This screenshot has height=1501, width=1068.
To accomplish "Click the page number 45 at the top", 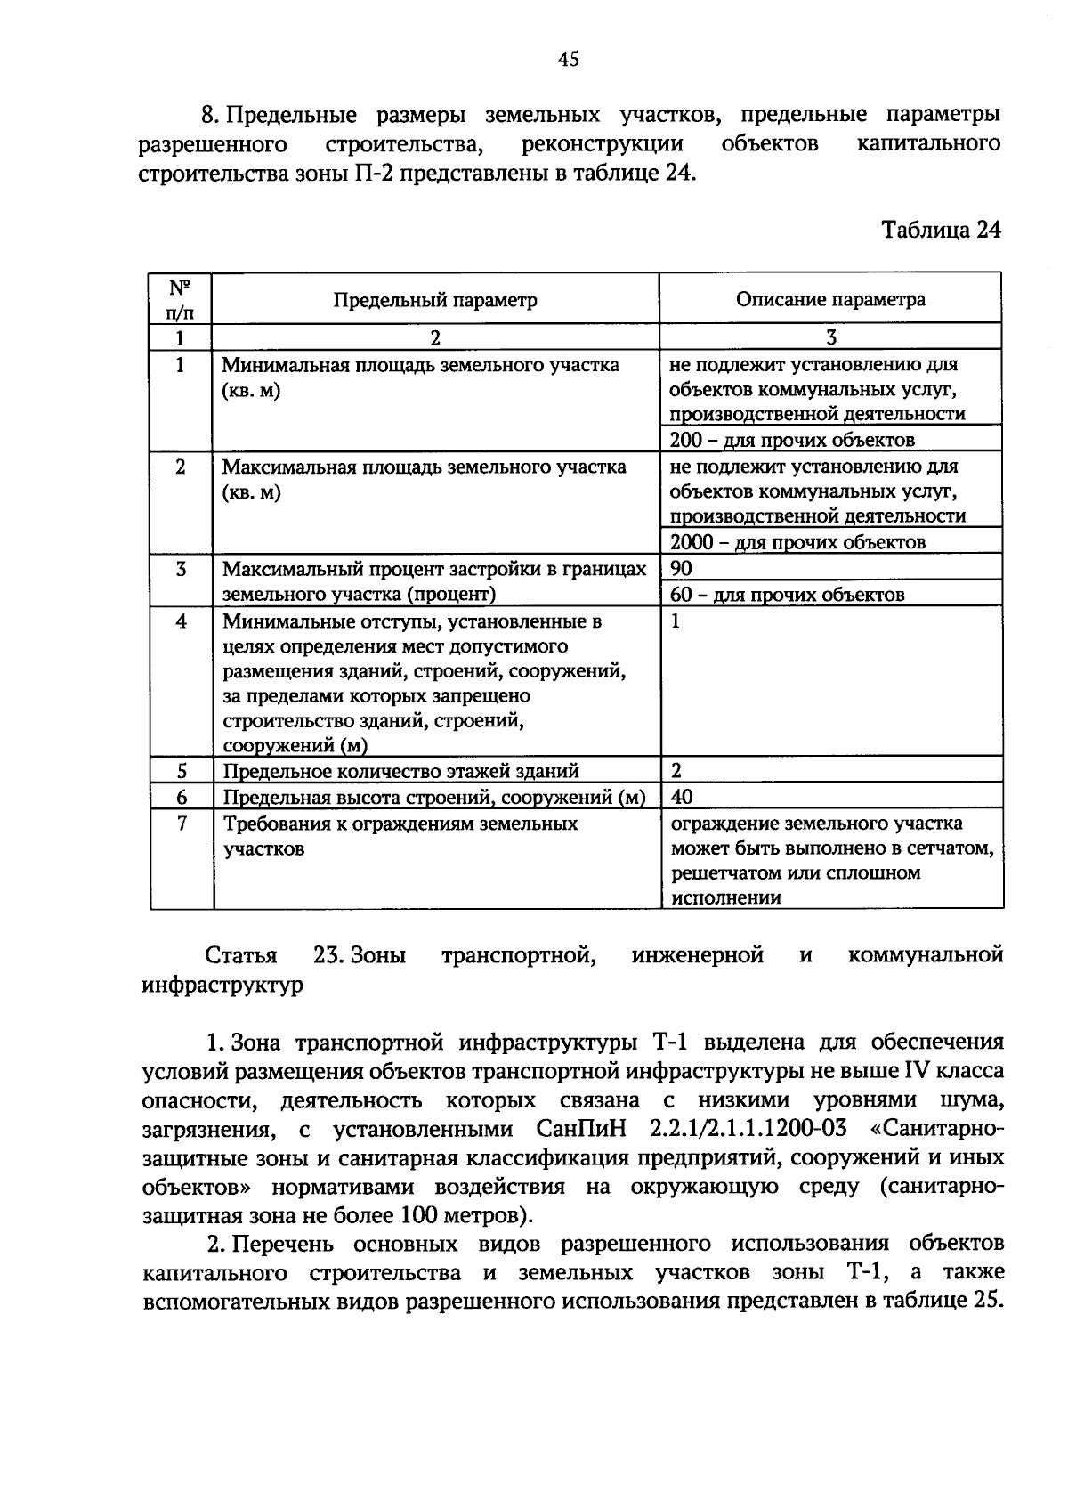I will click(x=569, y=59).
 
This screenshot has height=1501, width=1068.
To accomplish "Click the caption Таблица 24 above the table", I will click(x=941, y=230).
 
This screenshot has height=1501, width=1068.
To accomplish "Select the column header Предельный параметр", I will click(x=435, y=300).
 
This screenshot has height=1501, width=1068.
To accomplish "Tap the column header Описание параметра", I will click(x=830, y=299).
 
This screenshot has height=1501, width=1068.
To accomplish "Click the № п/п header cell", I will click(x=181, y=299).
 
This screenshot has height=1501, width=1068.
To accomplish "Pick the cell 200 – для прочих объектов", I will click(x=792, y=440).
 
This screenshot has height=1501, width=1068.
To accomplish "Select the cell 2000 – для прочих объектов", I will click(x=797, y=542).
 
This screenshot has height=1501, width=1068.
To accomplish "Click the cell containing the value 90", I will click(x=681, y=569).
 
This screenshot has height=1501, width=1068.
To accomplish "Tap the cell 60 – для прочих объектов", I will click(x=787, y=595).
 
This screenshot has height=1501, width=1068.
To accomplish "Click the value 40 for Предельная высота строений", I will click(x=681, y=797).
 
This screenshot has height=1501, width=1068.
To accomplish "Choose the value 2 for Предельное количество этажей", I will click(x=676, y=771).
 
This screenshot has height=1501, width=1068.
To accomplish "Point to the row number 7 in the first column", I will click(x=182, y=824).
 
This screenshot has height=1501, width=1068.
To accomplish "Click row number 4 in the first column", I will click(x=182, y=621).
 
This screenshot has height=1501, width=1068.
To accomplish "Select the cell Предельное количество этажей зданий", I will click(x=400, y=771).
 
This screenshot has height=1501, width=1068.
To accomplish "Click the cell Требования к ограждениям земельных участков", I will click(x=400, y=836).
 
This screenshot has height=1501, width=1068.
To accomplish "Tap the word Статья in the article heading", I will click(x=240, y=956).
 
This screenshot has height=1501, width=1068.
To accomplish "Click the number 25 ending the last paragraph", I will click(x=985, y=1301).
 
